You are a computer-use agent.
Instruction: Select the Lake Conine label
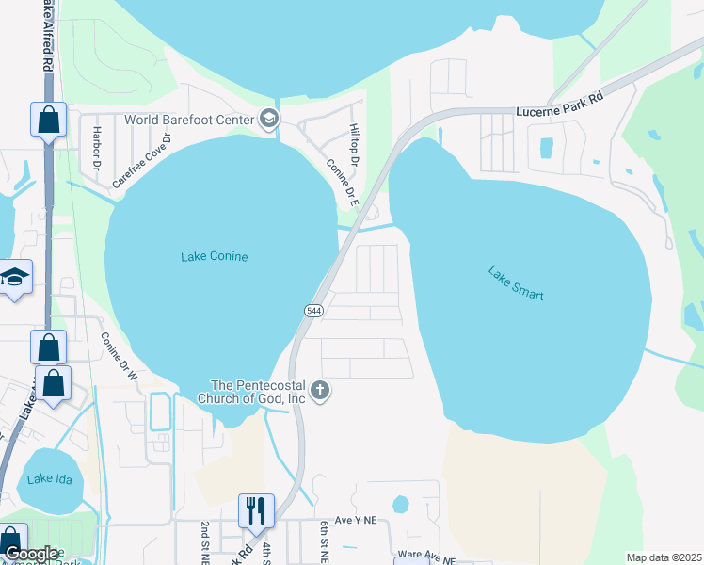tap(214, 256)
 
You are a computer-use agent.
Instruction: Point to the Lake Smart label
tap(516, 283)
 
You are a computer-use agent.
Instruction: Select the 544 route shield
tap(313, 311)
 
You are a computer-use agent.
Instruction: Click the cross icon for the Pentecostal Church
tap(320, 391)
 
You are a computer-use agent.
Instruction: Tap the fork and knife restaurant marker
tap(255, 509)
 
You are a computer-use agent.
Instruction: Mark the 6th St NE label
tap(325, 539)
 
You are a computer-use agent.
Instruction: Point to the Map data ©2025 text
tap(663, 557)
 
